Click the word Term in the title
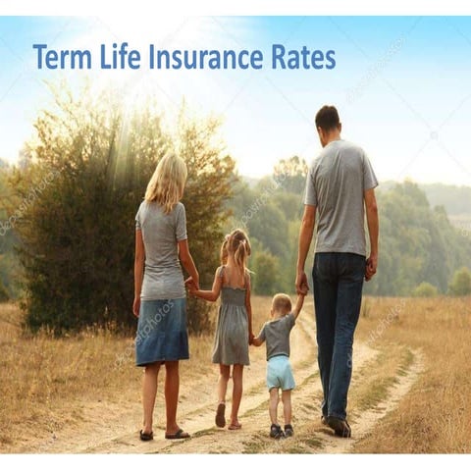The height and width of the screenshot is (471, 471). pyautogui.click(x=63, y=57)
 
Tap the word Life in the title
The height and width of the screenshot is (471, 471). pyautogui.click(x=122, y=57)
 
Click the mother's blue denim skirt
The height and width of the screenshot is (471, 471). pyautogui.click(x=163, y=331)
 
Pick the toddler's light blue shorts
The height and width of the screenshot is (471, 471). pyautogui.click(x=281, y=372)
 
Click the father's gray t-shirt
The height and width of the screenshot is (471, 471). pyautogui.click(x=339, y=197)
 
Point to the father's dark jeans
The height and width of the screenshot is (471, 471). pyautogui.click(x=338, y=324)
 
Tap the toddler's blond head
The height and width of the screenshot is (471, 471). pyautogui.click(x=283, y=303)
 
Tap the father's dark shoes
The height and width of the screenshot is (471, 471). pyautogui.click(x=338, y=425)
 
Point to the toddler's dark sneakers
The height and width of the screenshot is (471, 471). pyautogui.click(x=283, y=431)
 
